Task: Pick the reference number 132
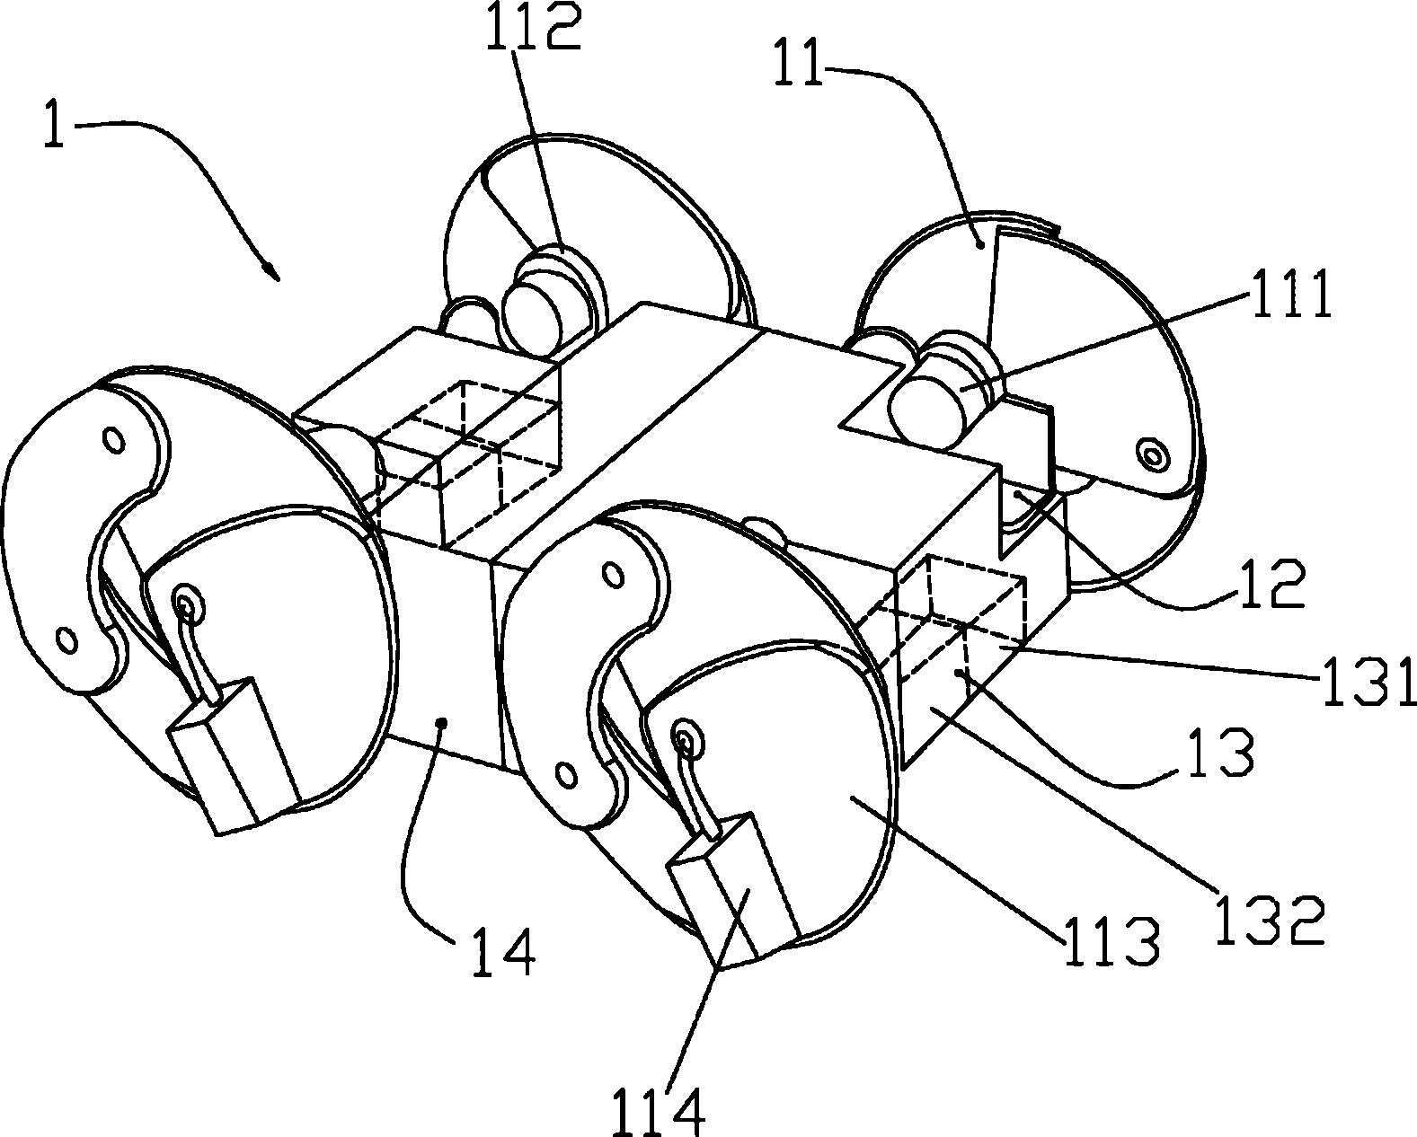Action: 1269,920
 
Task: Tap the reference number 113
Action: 1111,940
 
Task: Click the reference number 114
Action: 660,1111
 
